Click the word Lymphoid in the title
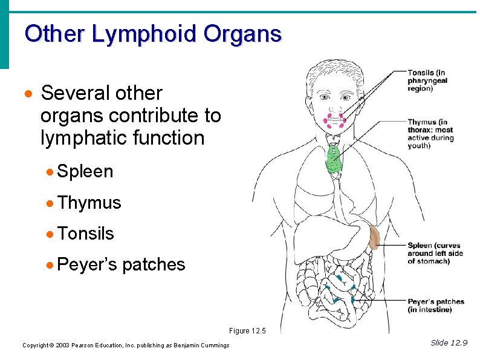144,33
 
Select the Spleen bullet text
86,172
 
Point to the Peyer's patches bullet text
122,265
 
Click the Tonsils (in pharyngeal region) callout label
427,80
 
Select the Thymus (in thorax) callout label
430,134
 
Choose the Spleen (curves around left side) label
435,254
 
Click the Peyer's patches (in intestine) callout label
435,306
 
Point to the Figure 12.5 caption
247,331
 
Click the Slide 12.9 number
449,343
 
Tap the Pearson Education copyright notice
126,345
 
